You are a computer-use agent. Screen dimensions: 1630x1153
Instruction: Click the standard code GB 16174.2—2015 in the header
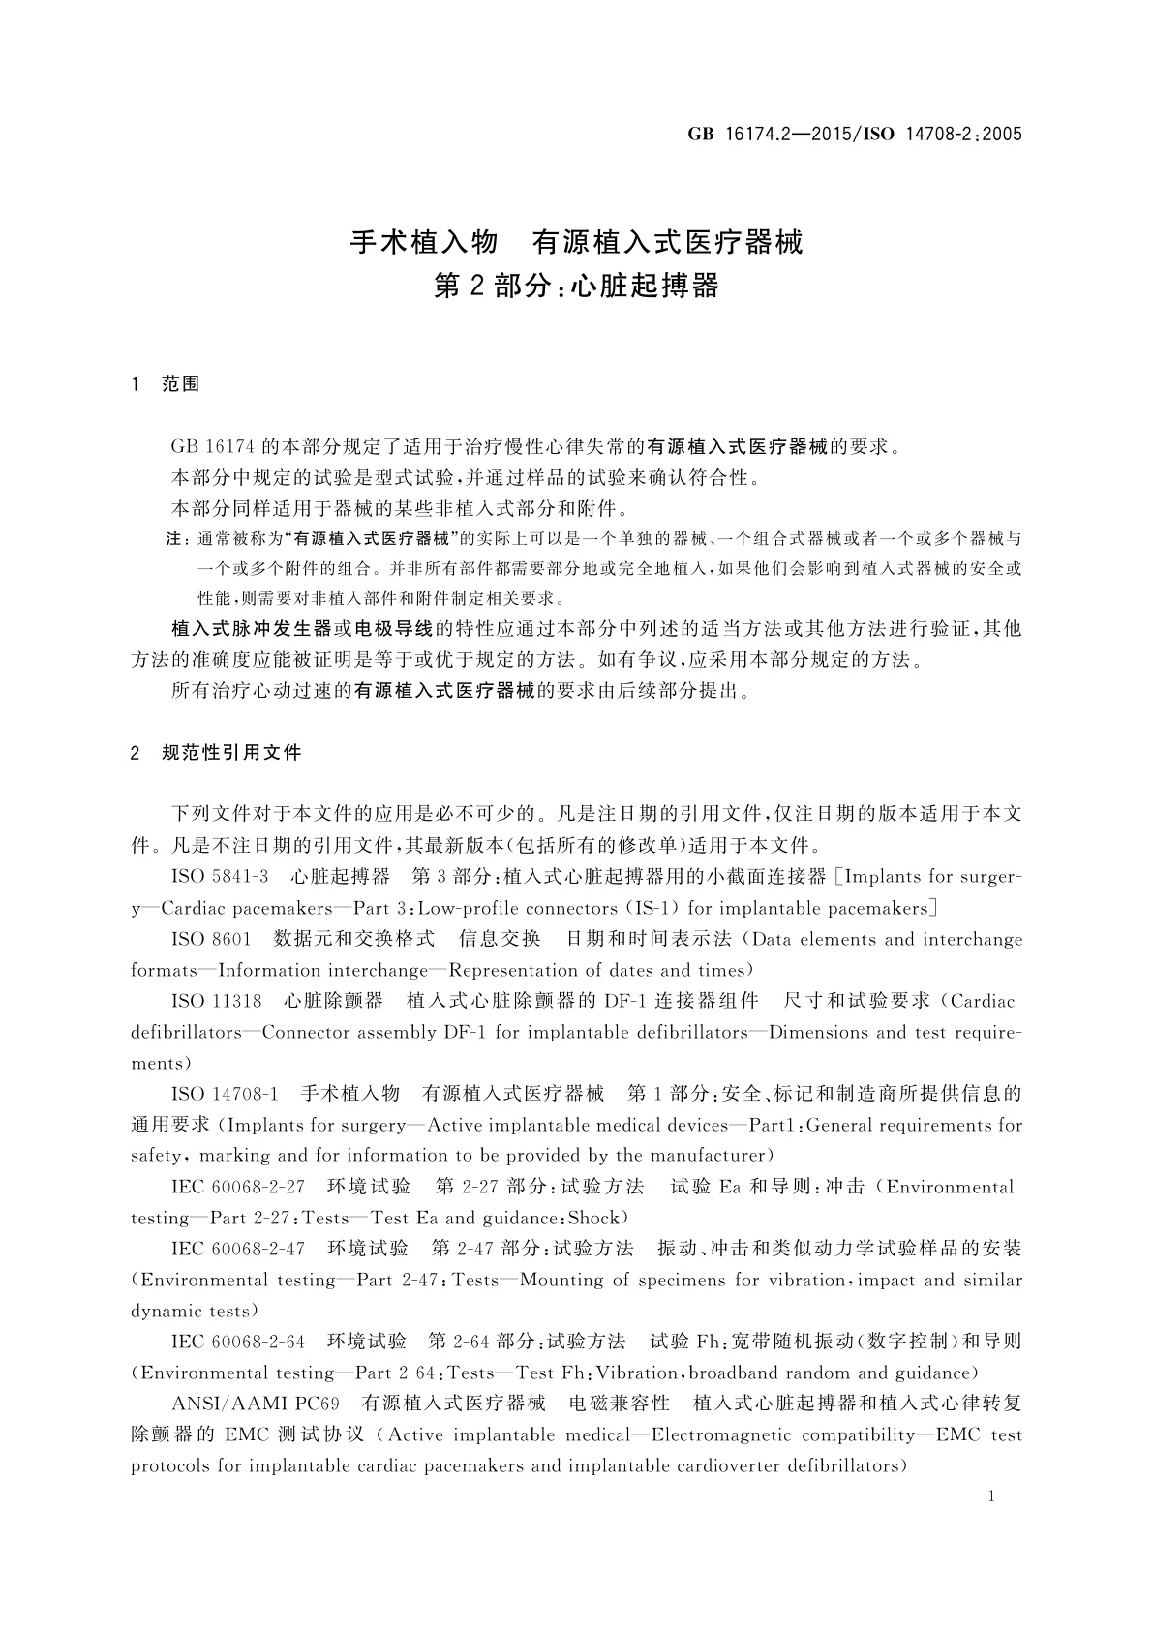point(766,135)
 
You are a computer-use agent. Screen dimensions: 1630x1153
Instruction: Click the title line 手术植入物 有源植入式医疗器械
point(576,242)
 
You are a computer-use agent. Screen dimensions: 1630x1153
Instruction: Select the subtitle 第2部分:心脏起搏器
point(576,287)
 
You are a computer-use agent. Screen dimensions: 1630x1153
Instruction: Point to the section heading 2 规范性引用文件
point(216,752)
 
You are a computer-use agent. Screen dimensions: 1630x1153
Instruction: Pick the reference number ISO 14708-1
point(225,1094)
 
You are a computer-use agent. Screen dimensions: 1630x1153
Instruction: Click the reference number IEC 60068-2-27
point(238,1187)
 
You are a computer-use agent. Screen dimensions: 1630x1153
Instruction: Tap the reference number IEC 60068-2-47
point(238,1249)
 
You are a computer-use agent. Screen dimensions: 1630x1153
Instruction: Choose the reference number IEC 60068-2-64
point(238,1342)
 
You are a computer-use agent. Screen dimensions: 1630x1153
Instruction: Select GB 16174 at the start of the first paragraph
point(213,446)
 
